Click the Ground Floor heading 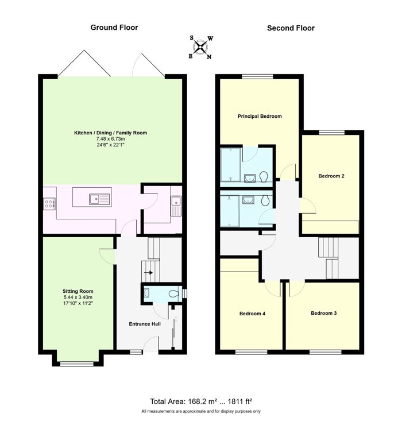coord(114,28)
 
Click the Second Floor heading coord(291,28)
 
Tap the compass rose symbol coord(200,47)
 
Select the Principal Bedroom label coord(260,116)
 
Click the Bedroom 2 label coord(331,176)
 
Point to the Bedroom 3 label coord(323,313)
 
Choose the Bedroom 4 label coord(252,314)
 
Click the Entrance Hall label coord(145,324)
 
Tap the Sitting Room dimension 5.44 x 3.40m coord(78,297)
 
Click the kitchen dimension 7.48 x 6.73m coord(110,138)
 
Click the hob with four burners coord(49,204)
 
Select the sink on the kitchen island coord(99,199)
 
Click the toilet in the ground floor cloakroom coord(173,294)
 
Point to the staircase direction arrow coord(149,273)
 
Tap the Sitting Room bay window coord(77,364)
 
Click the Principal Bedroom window coord(258,76)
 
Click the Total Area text coord(201,401)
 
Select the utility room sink coord(176,206)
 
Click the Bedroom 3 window coord(325,352)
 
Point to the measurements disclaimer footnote coord(201,411)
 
